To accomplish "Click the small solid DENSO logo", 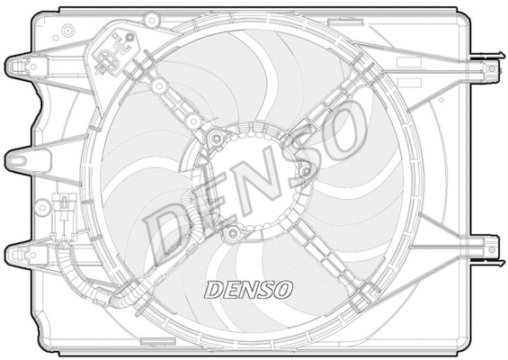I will click(247, 290).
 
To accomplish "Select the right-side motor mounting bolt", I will click(305, 170).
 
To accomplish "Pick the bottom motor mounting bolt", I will click(232, 234).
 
